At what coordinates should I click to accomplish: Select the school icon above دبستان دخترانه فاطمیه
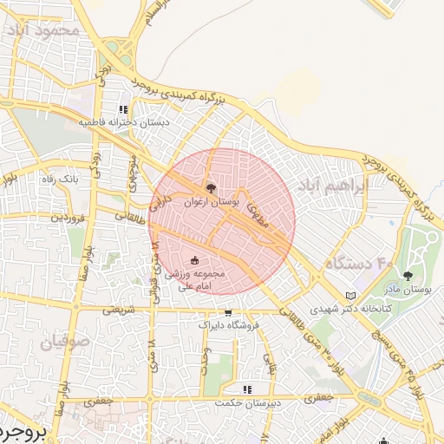[123, 110]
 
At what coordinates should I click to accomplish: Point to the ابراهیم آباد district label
[332, 186]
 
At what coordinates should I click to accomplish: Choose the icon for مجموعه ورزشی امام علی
[194, 260]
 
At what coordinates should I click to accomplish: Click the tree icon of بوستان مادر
[408, 276]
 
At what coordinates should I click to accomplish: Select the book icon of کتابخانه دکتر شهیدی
[350, 295]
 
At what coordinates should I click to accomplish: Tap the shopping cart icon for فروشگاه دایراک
[228, 313]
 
